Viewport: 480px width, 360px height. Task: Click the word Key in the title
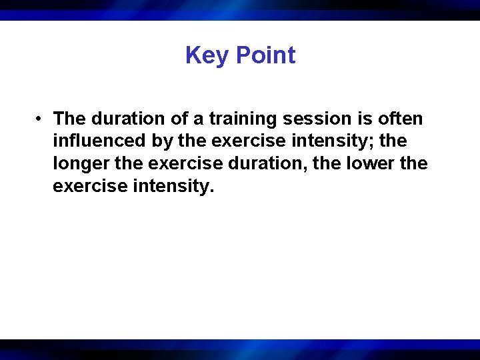207,55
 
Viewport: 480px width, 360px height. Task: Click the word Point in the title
265,55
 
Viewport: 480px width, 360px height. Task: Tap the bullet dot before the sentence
41,119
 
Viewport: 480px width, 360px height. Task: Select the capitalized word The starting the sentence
69,119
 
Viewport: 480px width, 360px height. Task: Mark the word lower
371,163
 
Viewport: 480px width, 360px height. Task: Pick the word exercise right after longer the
172,163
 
